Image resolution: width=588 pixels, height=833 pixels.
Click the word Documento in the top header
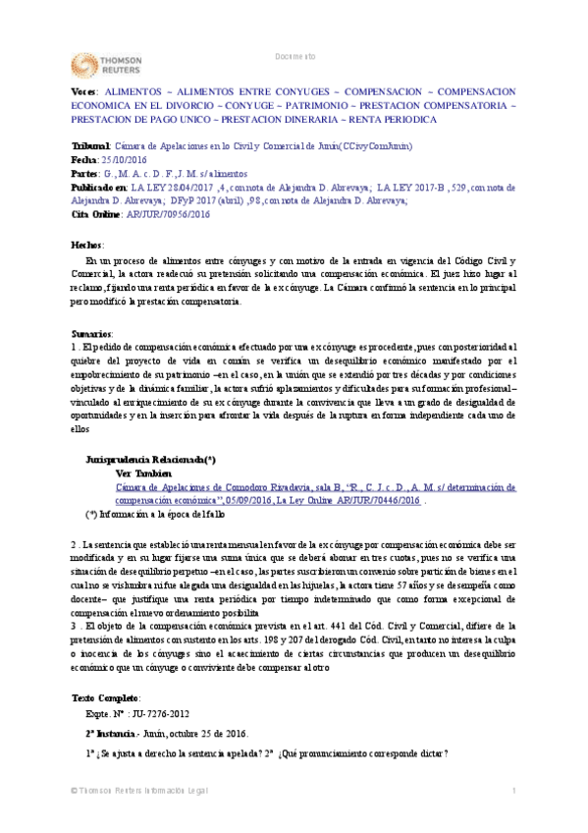[x=294, y=56]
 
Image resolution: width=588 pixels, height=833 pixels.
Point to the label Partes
[x=86, y=172]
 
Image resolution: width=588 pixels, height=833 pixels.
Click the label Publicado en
[x=100, y=185]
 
